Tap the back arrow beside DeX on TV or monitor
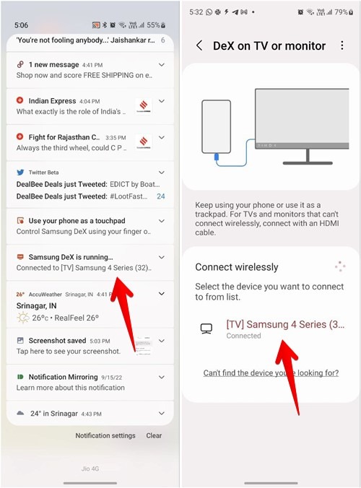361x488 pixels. (x=199, y=45)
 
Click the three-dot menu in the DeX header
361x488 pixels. (x=342, y=45)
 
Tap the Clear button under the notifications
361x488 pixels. (x=154, y=435)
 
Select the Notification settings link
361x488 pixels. (x=105, y=435)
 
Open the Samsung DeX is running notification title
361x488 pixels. (x=71, y=257)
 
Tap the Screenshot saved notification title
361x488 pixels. (x=57, y=340)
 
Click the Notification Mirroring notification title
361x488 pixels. (x=63, y=377)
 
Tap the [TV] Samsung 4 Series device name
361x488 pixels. (x=285, y=324)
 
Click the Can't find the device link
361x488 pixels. (x=271, y=372)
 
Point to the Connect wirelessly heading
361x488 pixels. (x=236, y=267)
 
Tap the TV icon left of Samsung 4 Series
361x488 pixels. (x=206, y=328)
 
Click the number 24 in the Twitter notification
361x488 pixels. (x=160, y=196)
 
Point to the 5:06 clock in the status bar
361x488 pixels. (x=22, y=25)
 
